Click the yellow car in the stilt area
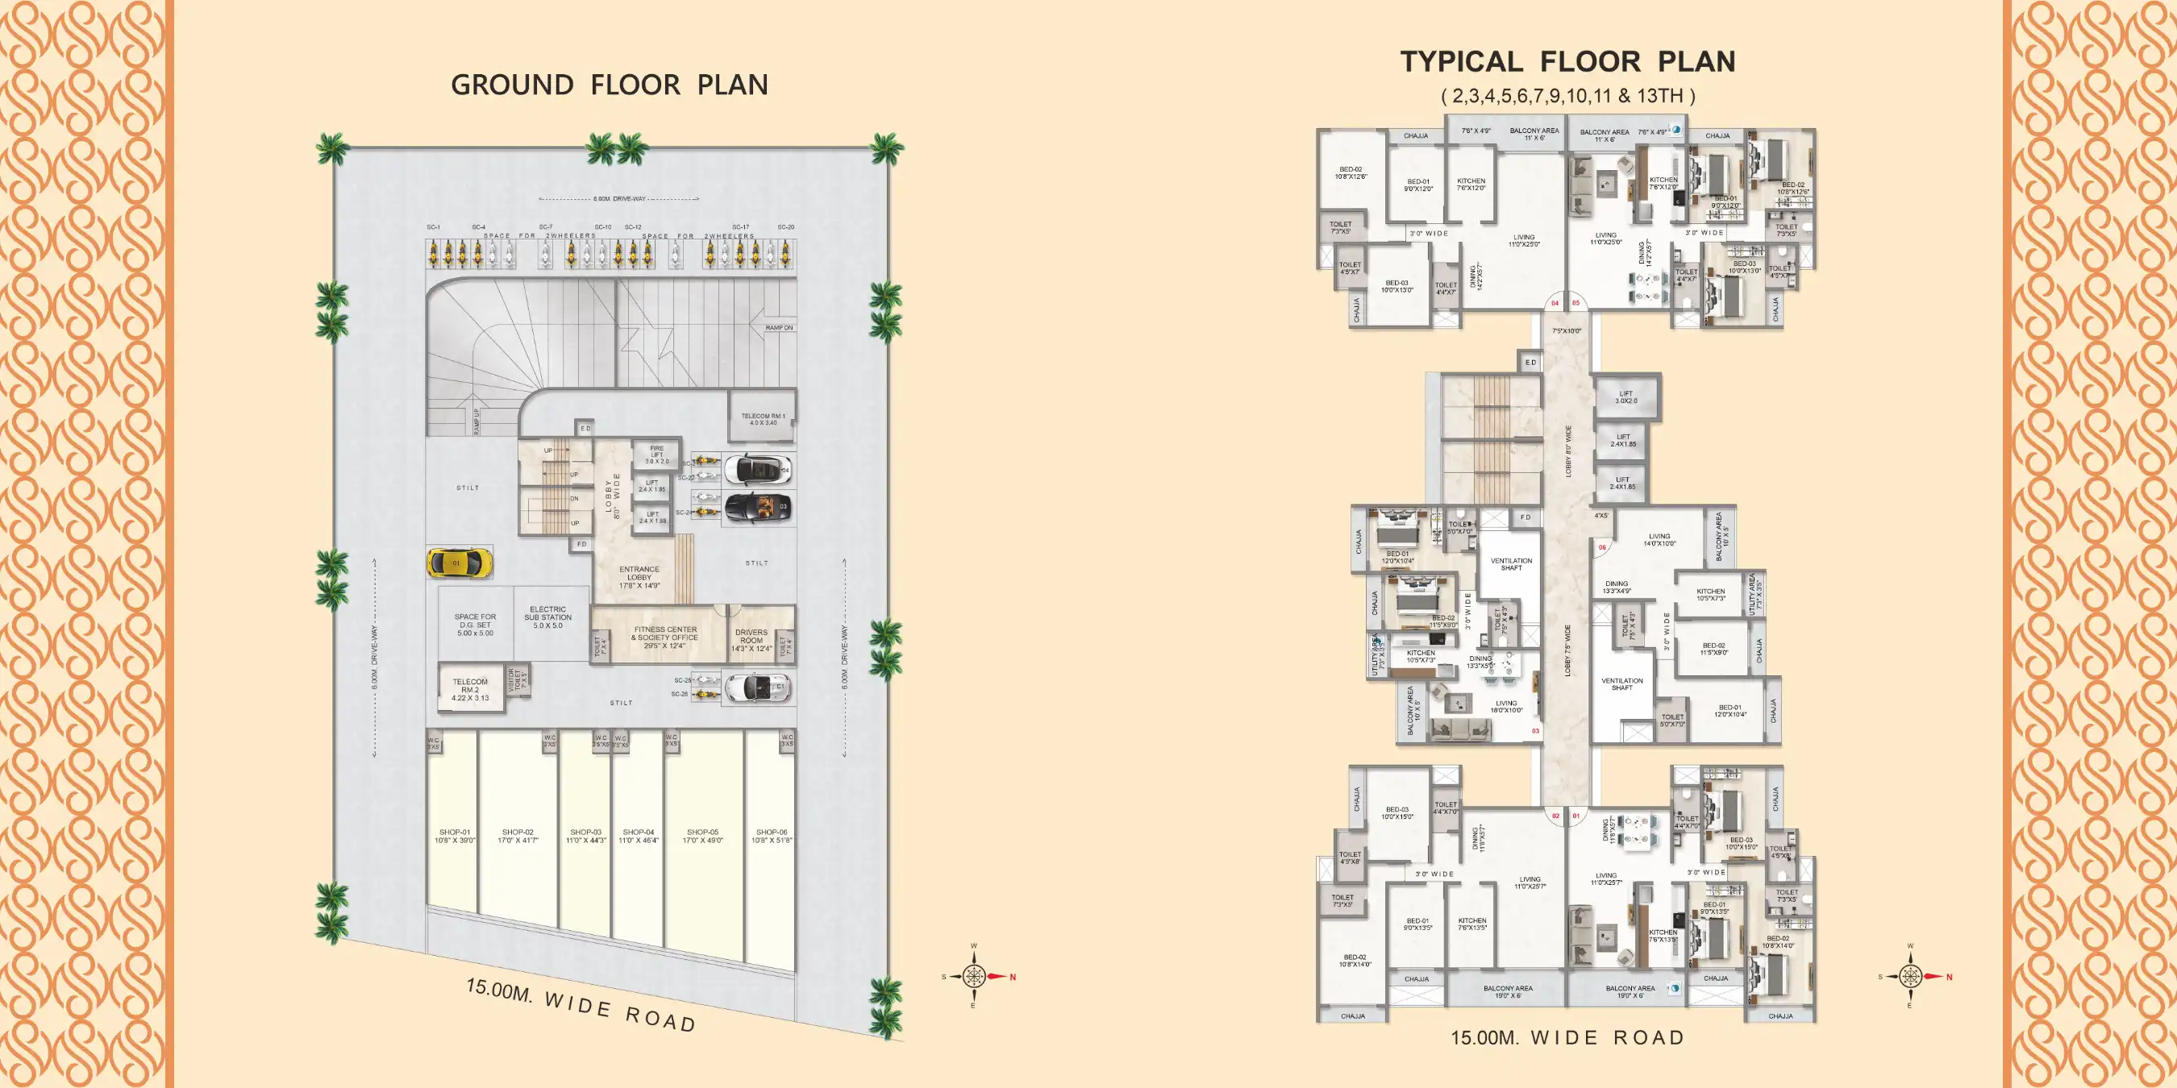pyautogui.click(x=459, y=563)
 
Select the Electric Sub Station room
pyautogui.click(x=547, y=617)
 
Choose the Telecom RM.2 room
pyautogui.click(x=470, y=689)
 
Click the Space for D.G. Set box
pyautogui.click(x=475, y=625)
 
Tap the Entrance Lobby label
pyautogui.click(x=639, y=577)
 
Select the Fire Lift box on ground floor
pyautogui.click(x=656, y=455)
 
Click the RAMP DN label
pyautogui.click(x=778, y=328)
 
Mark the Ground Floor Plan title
pyautogui.click(x=610, y=85)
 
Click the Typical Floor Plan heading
pyautogui.click(x=1567, y=62)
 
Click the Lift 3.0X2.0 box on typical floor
pyautogui.click(x=1626, y=397)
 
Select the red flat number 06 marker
pyautogui.click(x=1602, y=547)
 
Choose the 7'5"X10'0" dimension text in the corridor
pyautogui.click(x=1566, y=331)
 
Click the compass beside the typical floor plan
pyautogui.click(x=1910, y=977)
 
